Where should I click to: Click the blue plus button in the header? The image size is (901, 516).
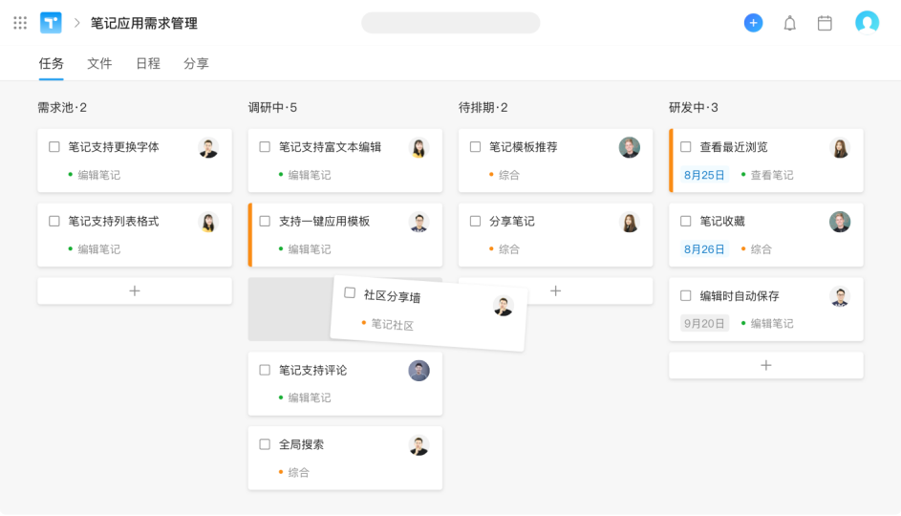pyautogui.click(x=753, y=23)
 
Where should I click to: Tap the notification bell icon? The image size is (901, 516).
pyautogui.click(x=790, y=23)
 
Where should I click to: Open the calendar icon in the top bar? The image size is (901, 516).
pyautogui.click(x=825, y=23)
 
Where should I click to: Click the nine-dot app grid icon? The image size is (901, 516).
pyautogui.click(x=20, y=23)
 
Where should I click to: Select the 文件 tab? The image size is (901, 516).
pyautogui.click(x=99, y=63)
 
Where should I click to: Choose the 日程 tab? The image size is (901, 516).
pyautogui.click(x=148, y=63)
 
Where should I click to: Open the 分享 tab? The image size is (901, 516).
pyautogui.click(x=196, y=63)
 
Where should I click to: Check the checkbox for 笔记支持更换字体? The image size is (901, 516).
pyautogui.click(x=54, y=147)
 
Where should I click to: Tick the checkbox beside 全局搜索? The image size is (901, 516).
pyautogui.click(x=265, y=444)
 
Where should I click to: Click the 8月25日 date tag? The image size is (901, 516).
pyautogui.click(x=704, y=175)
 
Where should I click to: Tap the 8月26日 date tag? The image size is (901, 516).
pyautogui.click(x=704, y=248)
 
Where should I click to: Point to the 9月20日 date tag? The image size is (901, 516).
pyautogui.click(x=704, y=324)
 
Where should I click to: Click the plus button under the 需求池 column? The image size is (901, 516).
pyautogui.click(x=135, y=290)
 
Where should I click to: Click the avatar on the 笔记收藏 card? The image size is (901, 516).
pyautogui.click(x=840, y=222)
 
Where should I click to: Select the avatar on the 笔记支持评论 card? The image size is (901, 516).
pyautogui.click(x=418, y=371)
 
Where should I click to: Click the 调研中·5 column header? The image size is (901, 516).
pyautogui.click(x=272, y=107)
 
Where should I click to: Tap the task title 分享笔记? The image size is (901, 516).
pyautogui.click(x=511, y=222)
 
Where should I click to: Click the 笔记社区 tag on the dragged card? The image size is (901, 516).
pyautogui.click(x=392, y=325)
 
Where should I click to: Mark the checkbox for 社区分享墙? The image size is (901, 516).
pyautogui.click(x=350, y=293)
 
